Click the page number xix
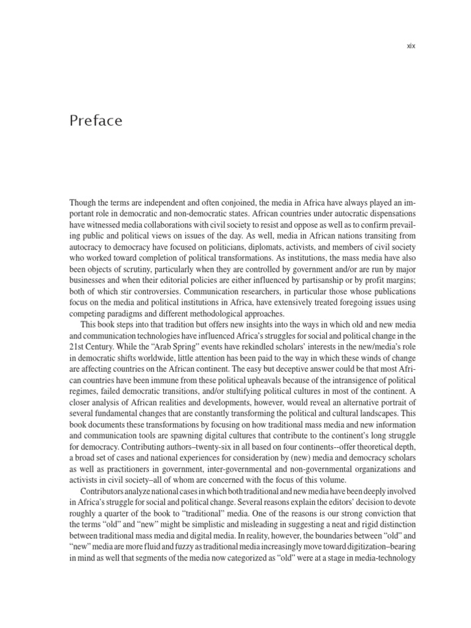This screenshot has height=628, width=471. click(411, 45)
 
